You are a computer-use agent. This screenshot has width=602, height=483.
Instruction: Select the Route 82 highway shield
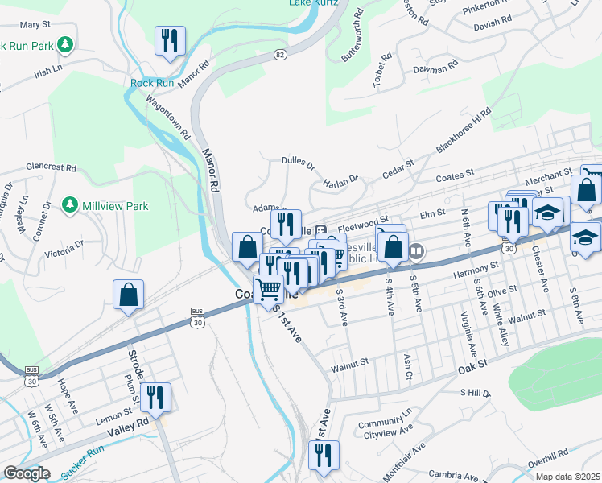(278, 54)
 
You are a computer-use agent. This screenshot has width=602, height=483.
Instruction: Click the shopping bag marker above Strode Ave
(129, 295)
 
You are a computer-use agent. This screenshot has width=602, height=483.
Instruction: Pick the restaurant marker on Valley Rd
(155, 397)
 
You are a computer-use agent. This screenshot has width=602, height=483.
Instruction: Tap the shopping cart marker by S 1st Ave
(268, 288)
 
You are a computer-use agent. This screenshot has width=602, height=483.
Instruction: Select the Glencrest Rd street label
(51, 168)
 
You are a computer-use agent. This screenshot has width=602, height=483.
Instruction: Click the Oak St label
(473, 365)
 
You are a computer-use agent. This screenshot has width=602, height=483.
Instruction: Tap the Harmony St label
(471, 274)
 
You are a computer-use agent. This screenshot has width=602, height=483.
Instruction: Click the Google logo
(26, 473)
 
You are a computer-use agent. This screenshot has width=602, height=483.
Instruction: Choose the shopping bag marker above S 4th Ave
(393, 247)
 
